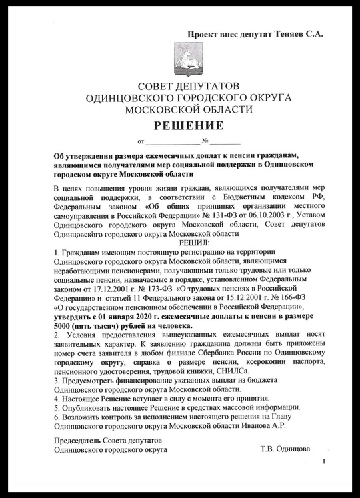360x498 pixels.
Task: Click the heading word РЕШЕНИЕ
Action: point(185,125)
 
